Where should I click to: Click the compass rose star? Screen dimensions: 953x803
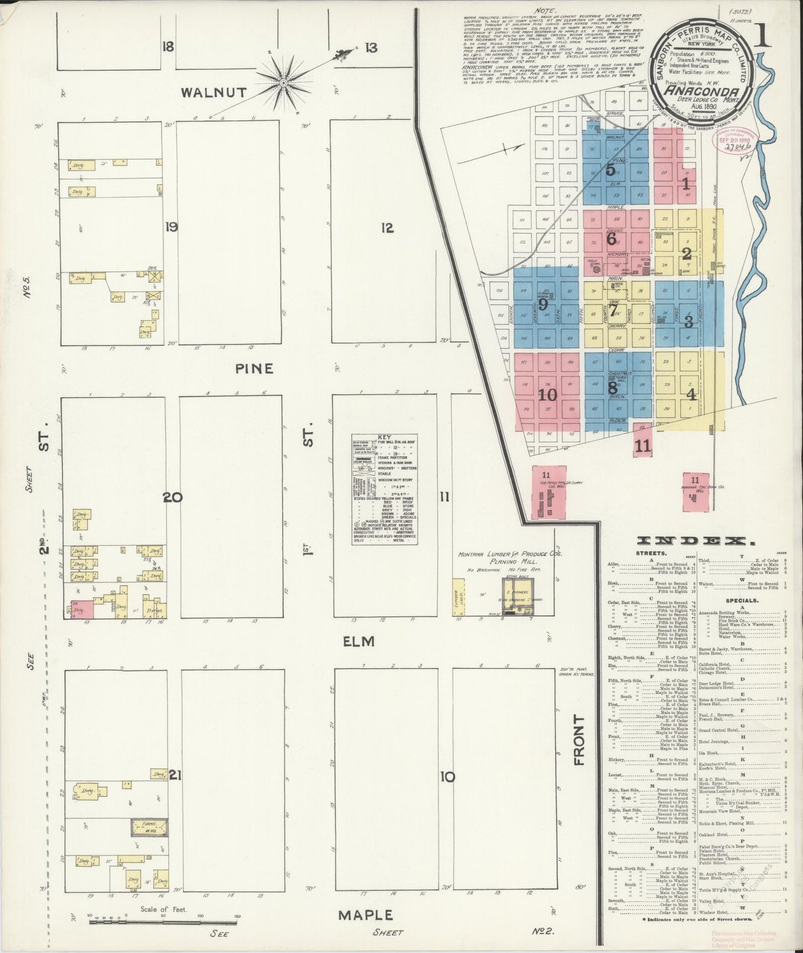click(283, 83)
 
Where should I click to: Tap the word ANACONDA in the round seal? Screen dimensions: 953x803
click(702, 91)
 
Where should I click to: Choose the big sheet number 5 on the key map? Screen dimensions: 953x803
click(611, 170)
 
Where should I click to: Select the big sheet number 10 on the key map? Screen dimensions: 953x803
click(547, 394)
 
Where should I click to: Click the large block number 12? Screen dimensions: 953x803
click(387, 227)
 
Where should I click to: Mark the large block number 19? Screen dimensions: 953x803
click(171, 226)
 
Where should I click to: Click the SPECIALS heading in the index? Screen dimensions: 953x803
click(740, 600)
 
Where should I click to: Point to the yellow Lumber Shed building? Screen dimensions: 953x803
click(458, 597)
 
